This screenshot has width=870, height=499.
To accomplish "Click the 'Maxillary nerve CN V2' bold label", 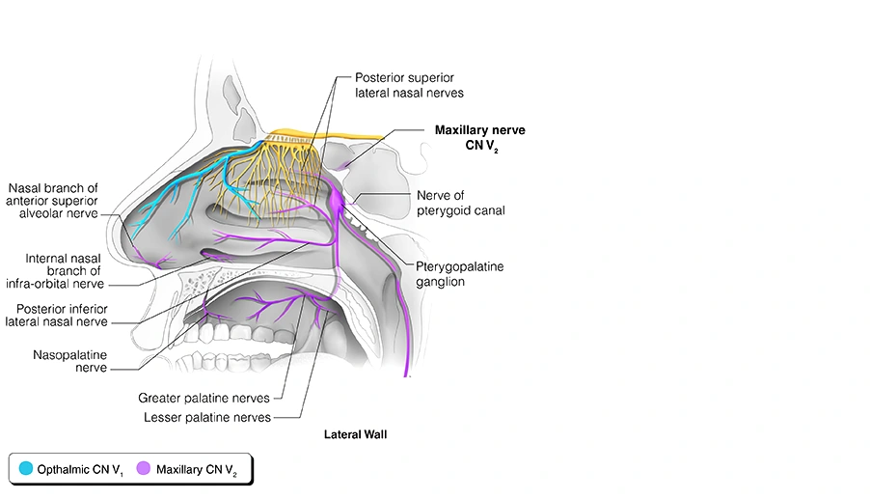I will click(x=479, y=137).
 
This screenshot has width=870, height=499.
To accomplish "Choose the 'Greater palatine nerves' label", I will click(x=210, y=398).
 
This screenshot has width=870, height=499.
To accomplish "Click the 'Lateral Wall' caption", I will click(x=355, y=435).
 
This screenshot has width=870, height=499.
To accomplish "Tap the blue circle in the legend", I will click(x=25, y=469).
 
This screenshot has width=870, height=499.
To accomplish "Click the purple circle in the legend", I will click(x=144, y=469).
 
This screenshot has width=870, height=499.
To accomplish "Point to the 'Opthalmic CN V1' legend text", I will click(x=80, y=470).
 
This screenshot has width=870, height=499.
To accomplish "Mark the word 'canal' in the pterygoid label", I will click(x=487, y=209).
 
